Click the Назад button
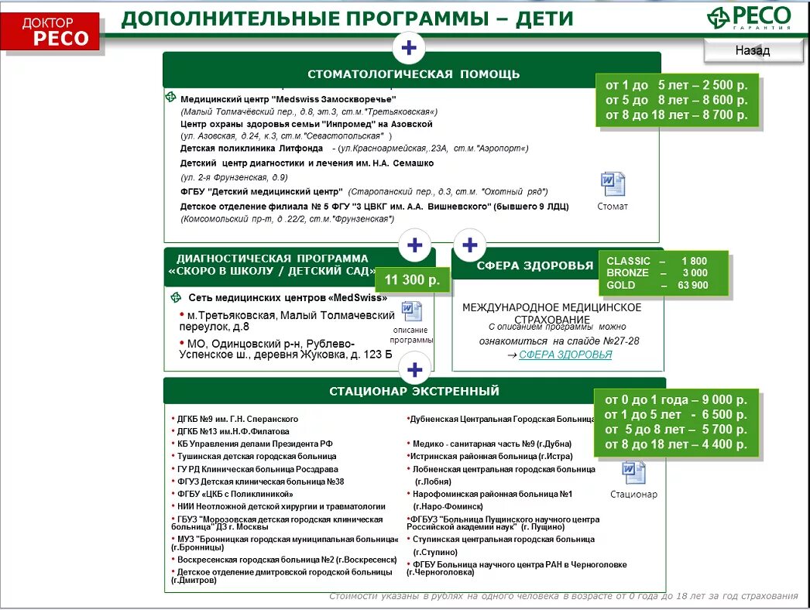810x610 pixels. tap(753, 51)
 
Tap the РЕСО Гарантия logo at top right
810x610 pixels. tap(749, 18)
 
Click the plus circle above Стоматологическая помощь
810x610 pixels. tap(409, 49)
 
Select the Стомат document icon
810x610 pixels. tap(613, 185)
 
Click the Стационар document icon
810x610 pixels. tap(633, 473)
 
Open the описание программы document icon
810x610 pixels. tap(411, 312)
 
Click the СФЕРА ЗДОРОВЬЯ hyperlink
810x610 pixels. tap(565, 355)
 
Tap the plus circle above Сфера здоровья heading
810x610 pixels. tap(469, 245)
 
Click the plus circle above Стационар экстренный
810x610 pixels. tap(415, 369)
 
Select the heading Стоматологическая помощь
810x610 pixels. tap(414, 74)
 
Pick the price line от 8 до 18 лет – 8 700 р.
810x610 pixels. tap(677, 115)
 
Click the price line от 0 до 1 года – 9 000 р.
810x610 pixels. tap(676, 399)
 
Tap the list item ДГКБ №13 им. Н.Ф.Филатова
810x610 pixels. tap(233, 431)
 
